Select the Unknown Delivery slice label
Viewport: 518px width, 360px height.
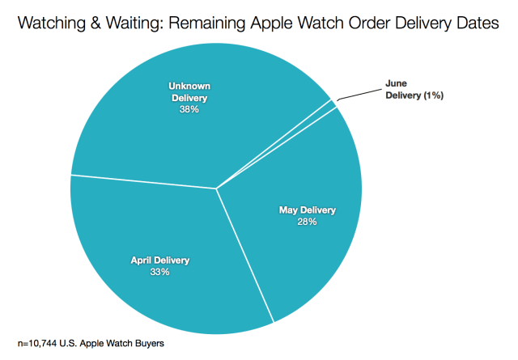(x=189, y=91)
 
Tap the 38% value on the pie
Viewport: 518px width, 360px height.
(x=189, y=109)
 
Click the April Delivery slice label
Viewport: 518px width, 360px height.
(x=159, y=260)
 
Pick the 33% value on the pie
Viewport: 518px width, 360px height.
(x=159, y=272)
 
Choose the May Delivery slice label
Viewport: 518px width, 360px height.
(x=307, y=210)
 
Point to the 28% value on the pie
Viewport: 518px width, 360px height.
(x=307, y=222)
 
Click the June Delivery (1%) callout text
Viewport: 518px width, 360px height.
(x=413, y=90)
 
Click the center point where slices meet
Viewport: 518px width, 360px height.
(x=216, y=188)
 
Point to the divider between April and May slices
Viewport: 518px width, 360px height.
(x=245, y=256)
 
